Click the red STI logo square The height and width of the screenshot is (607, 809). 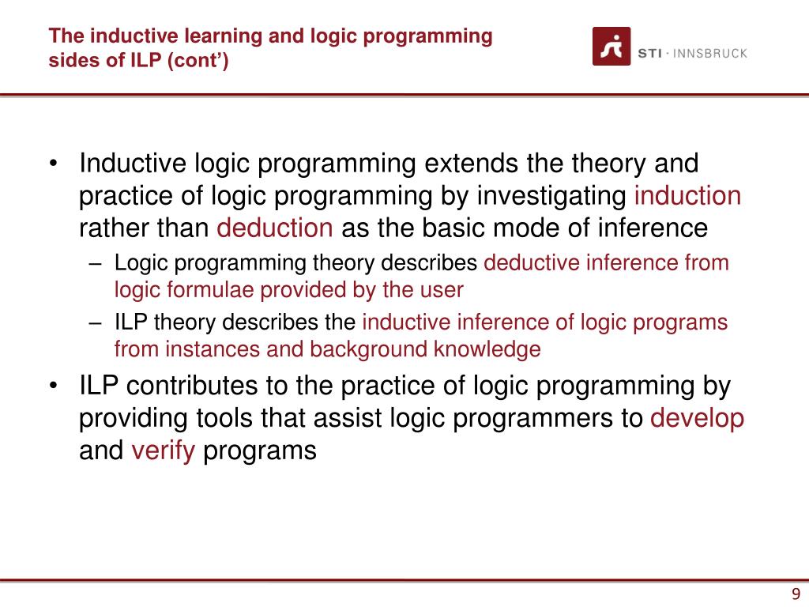(611, 46)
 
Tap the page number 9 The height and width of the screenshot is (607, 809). (796, 595)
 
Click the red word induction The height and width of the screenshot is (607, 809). (688, 196)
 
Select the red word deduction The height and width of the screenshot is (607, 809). (275, 228)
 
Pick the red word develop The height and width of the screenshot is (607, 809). (697, 418)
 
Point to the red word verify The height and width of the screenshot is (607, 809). (163, 451)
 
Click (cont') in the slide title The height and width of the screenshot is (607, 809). (196, 60)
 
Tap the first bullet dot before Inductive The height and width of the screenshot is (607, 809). (54, 164)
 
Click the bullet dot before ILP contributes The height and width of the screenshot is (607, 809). (54, 386)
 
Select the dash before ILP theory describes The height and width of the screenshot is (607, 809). (96, 322)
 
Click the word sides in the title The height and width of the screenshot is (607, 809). (70, 60)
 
